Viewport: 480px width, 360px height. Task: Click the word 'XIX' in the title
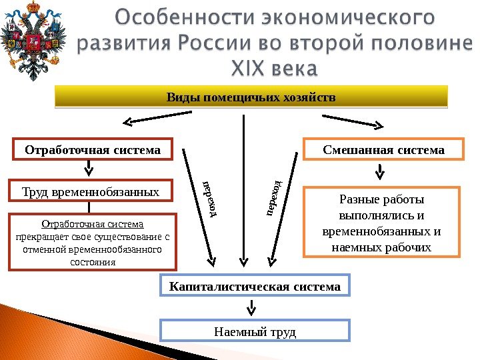click(x=247, y=69)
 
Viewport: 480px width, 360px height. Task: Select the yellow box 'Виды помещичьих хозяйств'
click(x=251, y=97)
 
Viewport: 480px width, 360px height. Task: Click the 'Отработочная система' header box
click(x=93, y=150)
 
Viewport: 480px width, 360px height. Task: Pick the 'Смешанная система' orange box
click(x=383, y=150)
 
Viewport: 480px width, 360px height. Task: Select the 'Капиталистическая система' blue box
click(x=255, y=287)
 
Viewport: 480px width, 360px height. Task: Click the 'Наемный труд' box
click(x=255, y=331)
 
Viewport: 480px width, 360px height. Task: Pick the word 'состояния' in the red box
click(x=93, y=262)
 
